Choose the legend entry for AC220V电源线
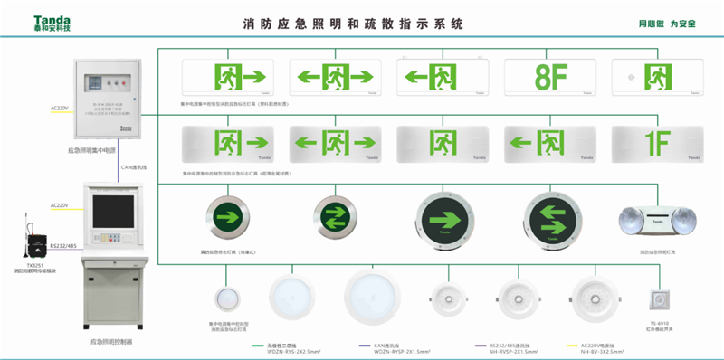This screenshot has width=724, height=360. point(602,345)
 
